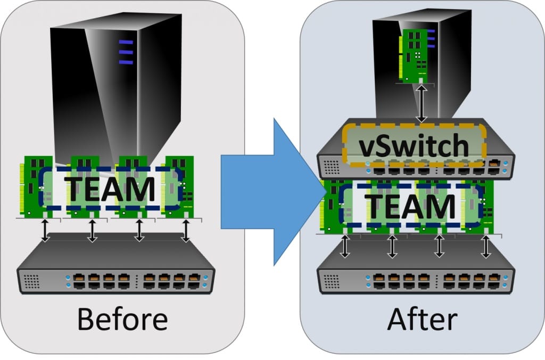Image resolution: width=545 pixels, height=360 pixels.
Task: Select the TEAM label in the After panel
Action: [x=412, y=207]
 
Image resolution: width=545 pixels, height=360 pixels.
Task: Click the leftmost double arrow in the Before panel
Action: [x=46, y=231]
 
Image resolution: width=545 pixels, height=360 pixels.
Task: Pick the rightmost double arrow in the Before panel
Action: [x=186, y=231]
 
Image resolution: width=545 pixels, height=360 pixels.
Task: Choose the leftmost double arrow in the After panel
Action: [x=345, y=246]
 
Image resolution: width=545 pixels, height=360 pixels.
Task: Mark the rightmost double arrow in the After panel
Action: [x=486, y=246]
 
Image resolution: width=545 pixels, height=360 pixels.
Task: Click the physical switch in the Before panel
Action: [x=116, y=269]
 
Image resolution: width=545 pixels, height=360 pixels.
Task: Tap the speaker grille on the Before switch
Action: [x=32, y=280]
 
